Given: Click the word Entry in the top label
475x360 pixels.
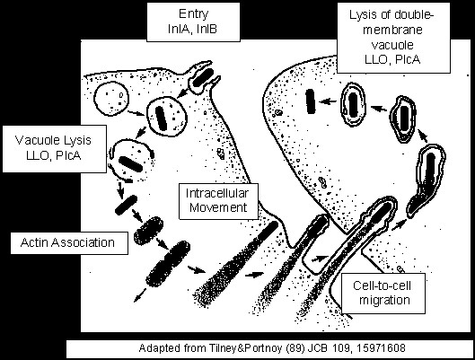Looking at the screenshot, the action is click(x=193, y=14).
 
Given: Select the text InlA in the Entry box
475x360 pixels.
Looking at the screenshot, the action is click(x=179, y=29).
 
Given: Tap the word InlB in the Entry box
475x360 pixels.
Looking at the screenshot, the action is click(x=207, y=29).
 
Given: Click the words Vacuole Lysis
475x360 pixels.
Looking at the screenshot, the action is click(x=53, y=140).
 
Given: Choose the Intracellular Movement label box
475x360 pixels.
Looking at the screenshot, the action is click(x=218, y=201).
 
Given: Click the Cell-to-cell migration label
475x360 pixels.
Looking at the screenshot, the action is click(x=383, y=294).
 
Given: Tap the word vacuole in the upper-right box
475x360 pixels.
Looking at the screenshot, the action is click(x=392, y=45).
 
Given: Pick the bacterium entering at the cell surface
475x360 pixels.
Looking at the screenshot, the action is click(x=202, y=77).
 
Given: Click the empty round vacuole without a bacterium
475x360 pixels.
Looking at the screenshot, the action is click(x=111, y=99).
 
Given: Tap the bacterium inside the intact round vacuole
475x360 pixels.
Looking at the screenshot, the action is click(x=161, y=118).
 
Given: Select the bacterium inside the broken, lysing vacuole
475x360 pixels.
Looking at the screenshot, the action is click(x=130, y=163).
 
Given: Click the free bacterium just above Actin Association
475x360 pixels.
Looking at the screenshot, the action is click(x=126, y=205).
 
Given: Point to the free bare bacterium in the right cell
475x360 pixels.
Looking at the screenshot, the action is click(x=310, y=101).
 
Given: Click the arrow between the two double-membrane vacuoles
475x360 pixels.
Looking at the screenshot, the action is click(x=379, y=109).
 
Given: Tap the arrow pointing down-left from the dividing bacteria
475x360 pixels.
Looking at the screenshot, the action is click(x=139, y=294).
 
